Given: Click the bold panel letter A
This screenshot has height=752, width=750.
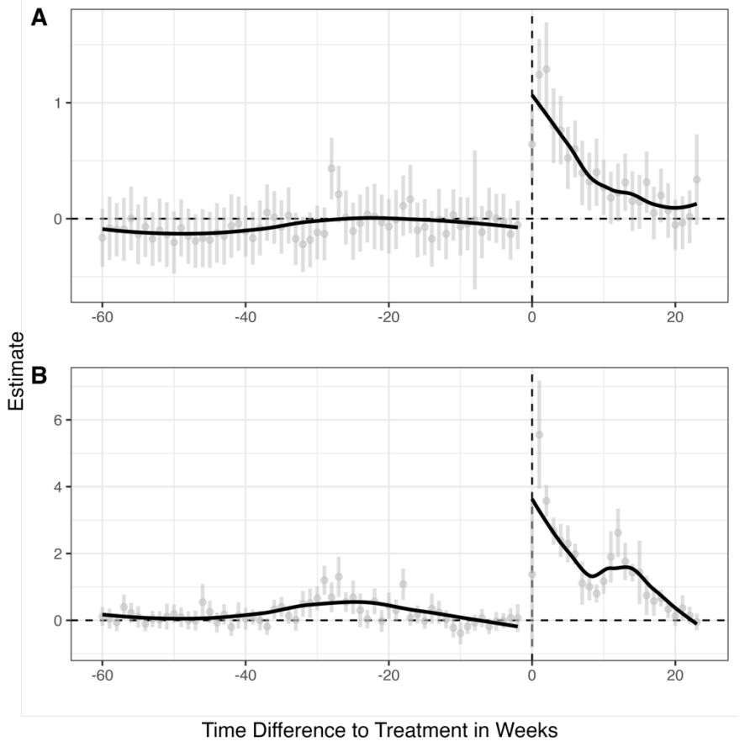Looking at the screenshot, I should [39, 19].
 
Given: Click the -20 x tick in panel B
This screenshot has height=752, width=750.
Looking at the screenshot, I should [388, 675].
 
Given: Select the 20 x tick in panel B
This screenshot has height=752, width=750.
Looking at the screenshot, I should [675, 675].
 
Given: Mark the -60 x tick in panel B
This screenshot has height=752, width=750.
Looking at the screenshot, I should [102, 675].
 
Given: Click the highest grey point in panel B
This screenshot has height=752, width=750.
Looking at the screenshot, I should [539, 435].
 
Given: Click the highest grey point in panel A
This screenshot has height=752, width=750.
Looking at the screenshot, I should [547, 69].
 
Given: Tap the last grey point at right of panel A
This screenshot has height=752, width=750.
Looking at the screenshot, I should [697, 179].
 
